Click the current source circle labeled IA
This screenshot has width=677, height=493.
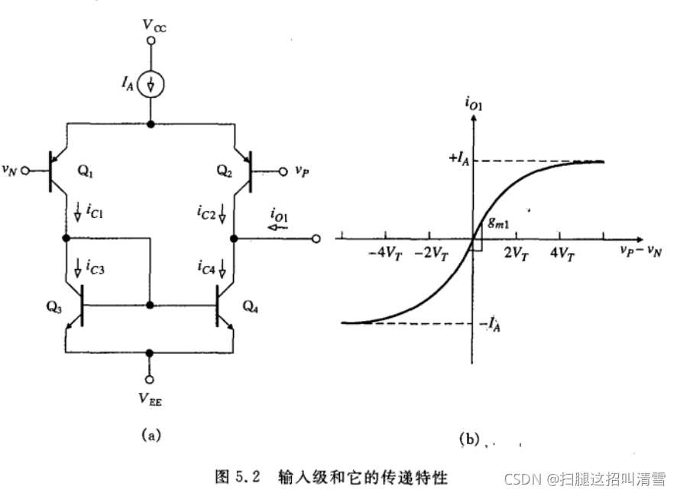click(151, 84)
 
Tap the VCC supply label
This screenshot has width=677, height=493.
click(152, 25)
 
